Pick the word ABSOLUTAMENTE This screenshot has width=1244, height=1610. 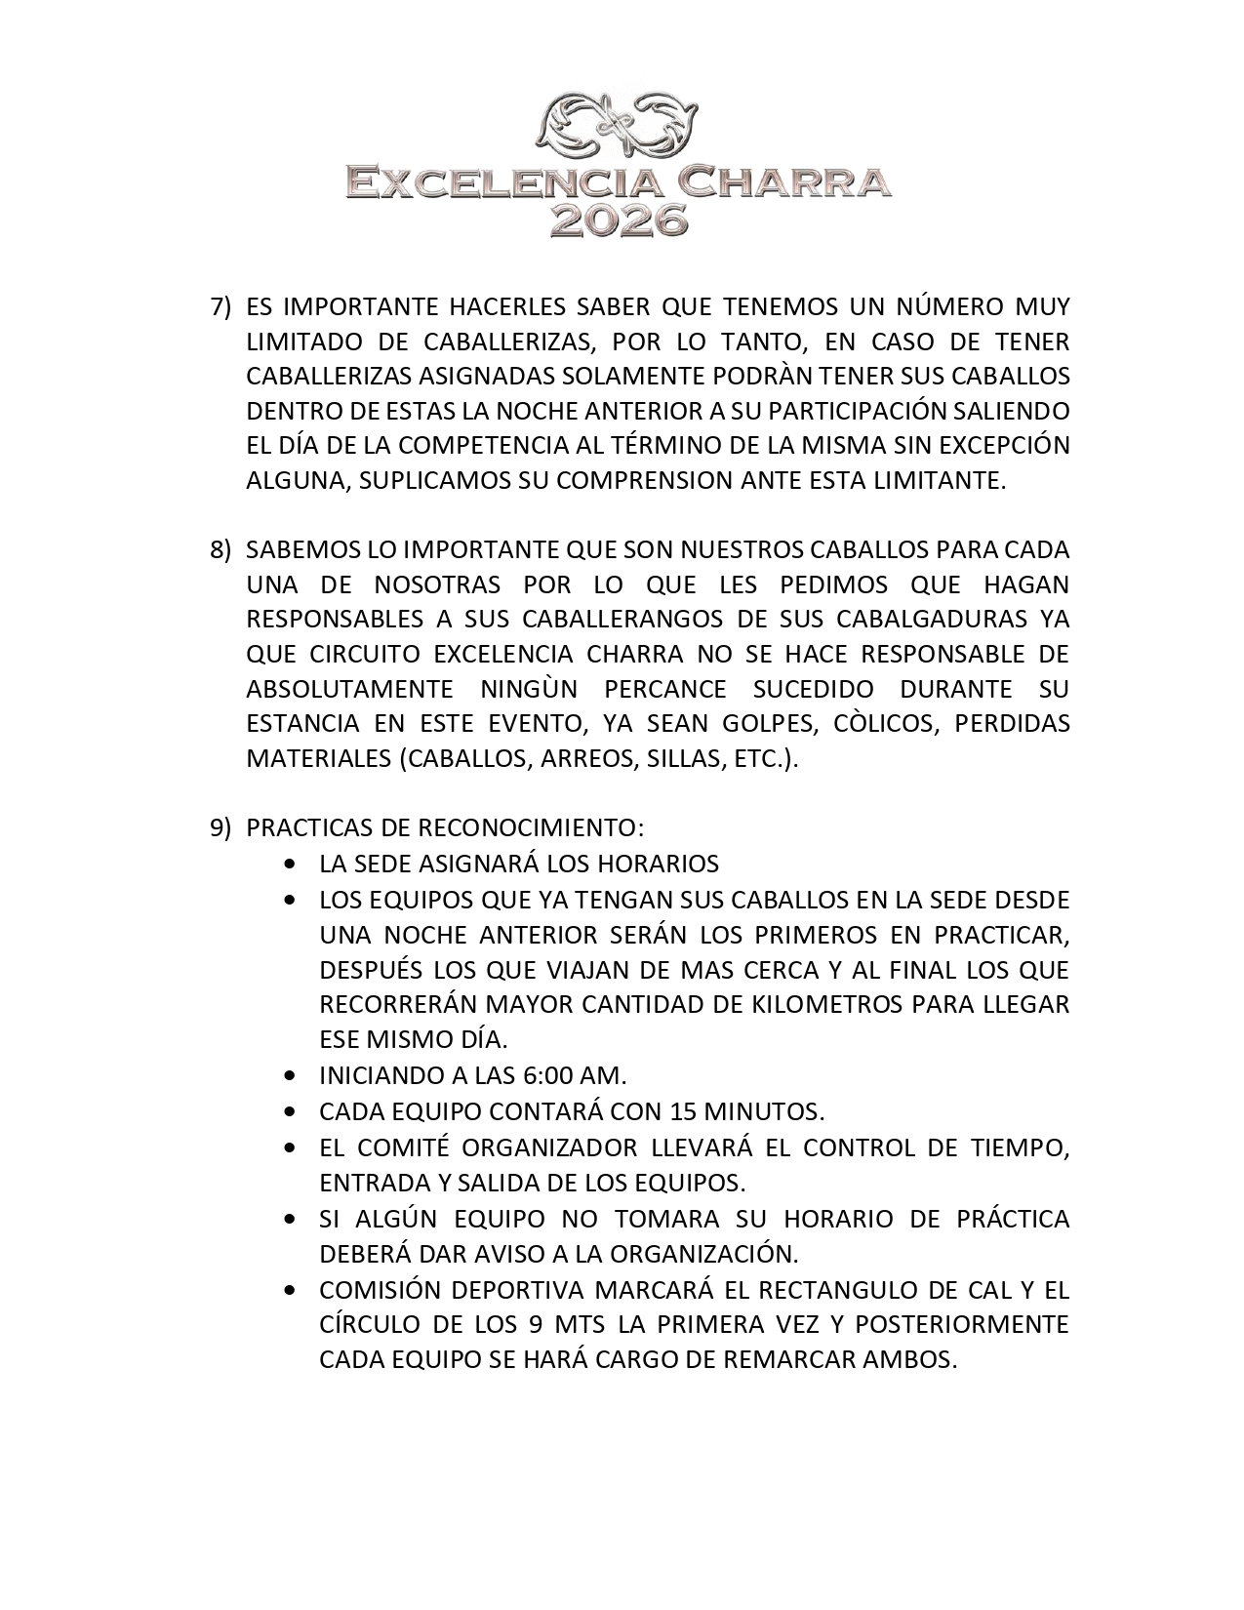click(349, 689)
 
